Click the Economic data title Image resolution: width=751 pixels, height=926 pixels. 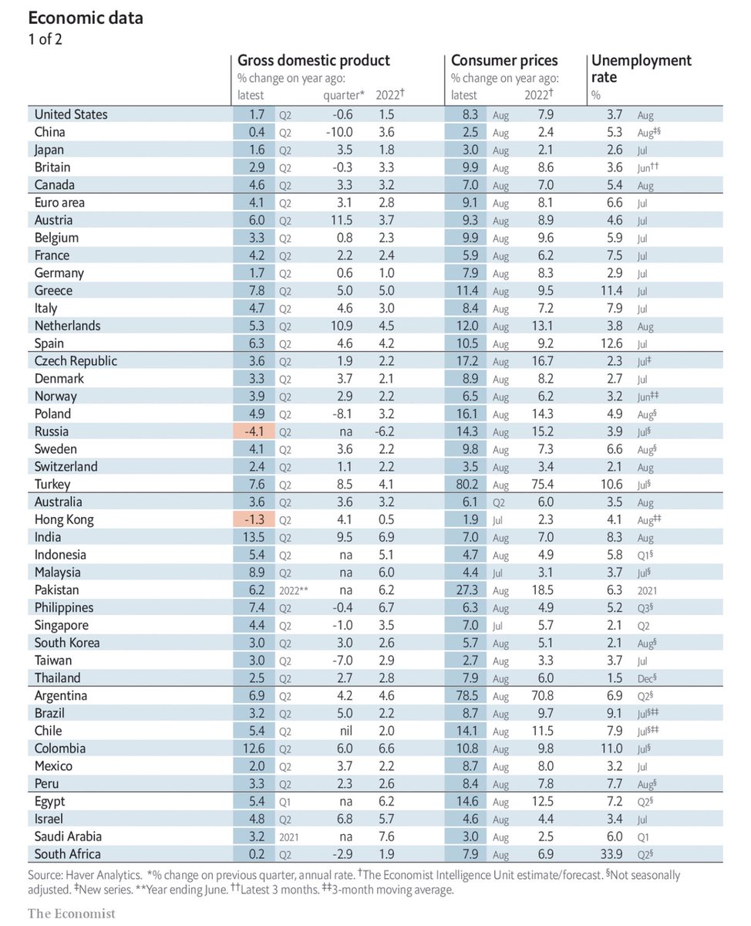coord(85,18)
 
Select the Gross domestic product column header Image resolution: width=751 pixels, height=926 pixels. coord(313,60)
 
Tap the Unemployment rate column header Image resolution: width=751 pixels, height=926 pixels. coord(640,68)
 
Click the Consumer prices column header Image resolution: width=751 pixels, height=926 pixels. coord(504,60)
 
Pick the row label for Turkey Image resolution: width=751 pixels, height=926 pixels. coord(52,485)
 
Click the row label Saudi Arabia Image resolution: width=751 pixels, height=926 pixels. coord(68,836)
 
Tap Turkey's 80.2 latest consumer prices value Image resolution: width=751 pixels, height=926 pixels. coord(464,485)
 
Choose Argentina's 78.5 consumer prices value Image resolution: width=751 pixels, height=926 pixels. coord(464,695)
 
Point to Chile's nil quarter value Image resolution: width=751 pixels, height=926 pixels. coord(344,731)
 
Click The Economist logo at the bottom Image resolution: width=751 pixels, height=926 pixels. coord(72,914)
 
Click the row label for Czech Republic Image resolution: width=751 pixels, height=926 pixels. coord(76,361)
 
